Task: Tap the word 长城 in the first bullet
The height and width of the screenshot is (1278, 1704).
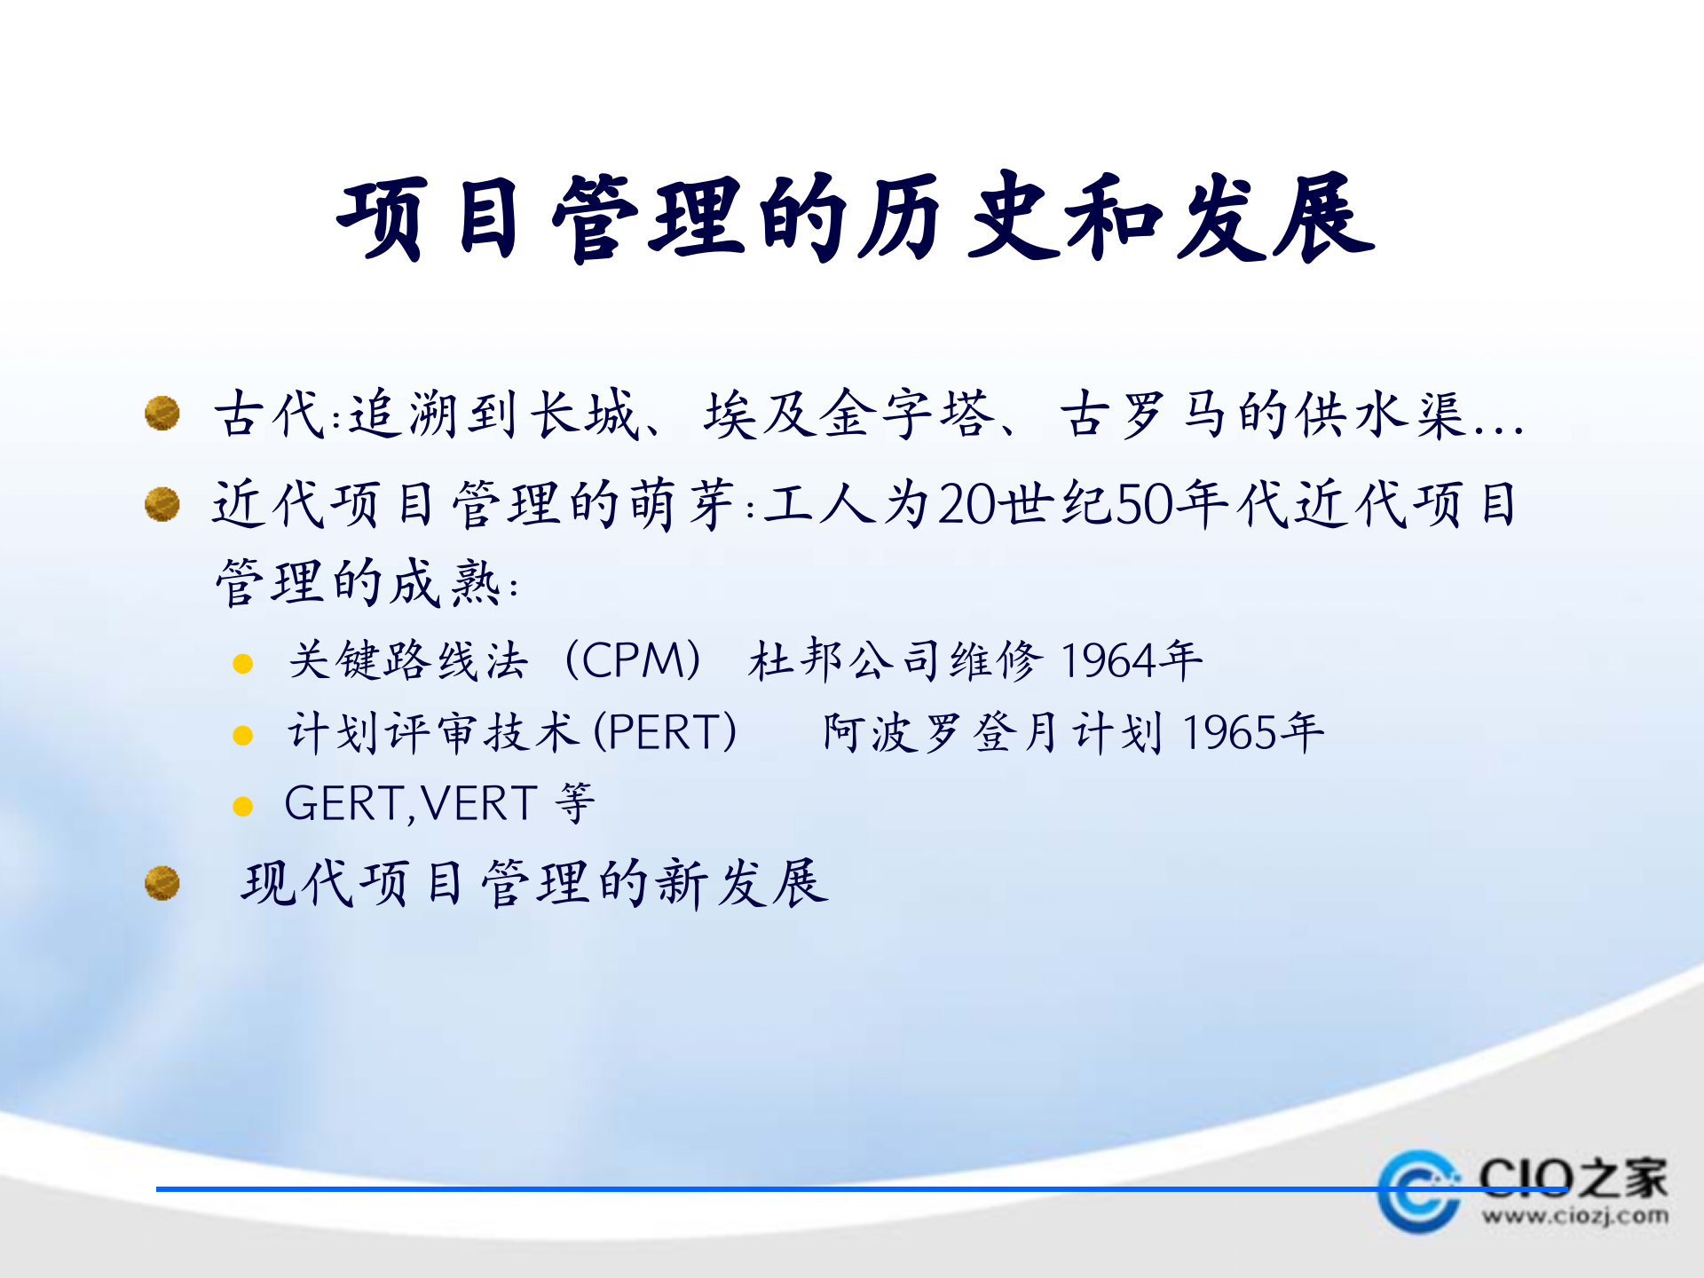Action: [583, 414]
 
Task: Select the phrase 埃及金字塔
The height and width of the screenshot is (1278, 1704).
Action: [848, 414]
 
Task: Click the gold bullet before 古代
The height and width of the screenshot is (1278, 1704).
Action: [162, 413]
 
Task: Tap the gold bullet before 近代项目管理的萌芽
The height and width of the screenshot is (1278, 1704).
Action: [162, 504]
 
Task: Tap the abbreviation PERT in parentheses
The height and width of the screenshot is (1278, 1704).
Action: [665, 733]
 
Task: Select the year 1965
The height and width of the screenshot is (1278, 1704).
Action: [1234, 733]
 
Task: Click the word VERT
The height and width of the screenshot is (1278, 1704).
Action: [479, 804]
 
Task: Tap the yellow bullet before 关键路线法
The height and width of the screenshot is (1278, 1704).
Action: [242, 664]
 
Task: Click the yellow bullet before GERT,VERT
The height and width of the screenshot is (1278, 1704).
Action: [242, 806]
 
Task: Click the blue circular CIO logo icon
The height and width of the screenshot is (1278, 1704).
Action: [1418, 1192]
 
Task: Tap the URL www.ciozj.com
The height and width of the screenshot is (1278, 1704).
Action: [1574, 1215]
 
